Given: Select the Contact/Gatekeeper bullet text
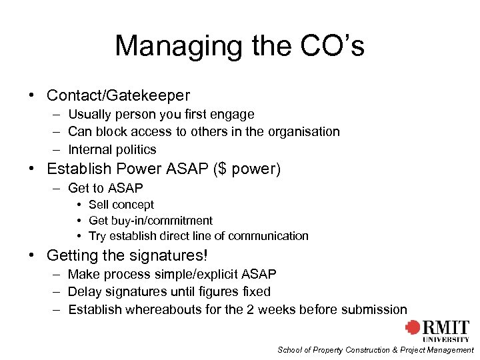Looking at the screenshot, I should coord(118,95).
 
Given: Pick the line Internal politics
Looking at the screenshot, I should coord(112,150).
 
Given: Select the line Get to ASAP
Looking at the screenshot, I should coord(105,189).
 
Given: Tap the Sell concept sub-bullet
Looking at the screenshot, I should coord(121,205).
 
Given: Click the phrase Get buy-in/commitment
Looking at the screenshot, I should coord(151,221).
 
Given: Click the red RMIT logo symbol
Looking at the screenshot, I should coord(413,328).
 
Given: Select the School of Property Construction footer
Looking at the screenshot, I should coord(375,350).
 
